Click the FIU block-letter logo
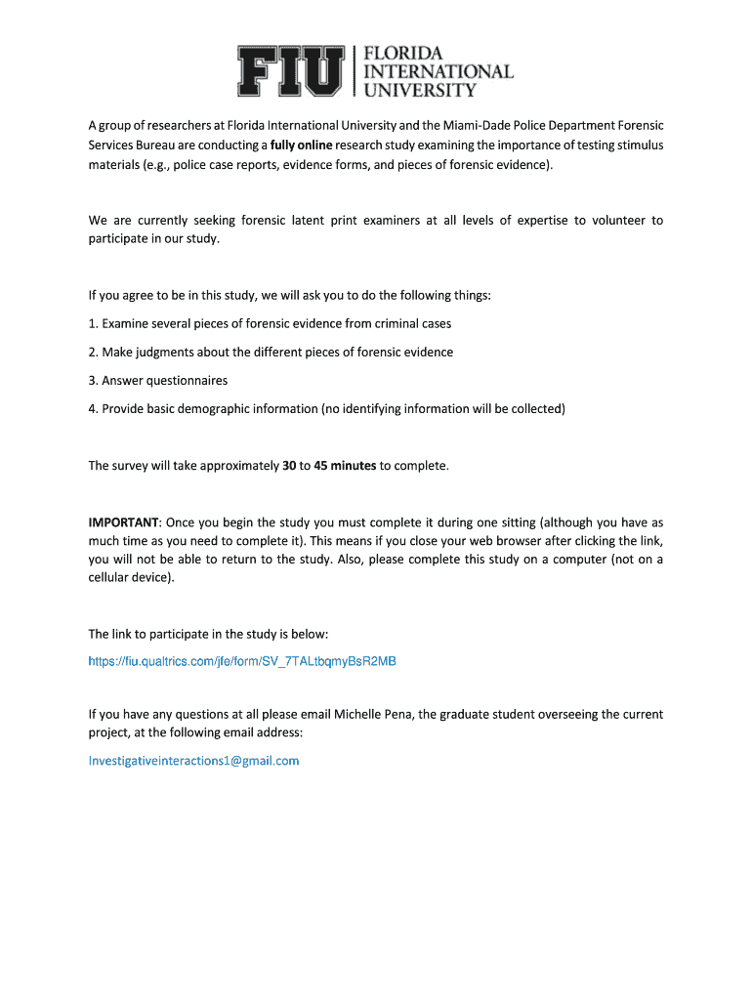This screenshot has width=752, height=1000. coord(292,71)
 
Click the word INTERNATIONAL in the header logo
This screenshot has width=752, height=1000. coord(439,71)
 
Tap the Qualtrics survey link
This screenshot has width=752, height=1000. coord(242,661)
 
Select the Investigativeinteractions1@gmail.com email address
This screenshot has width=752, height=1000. coord(193,760)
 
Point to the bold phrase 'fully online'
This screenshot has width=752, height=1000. coord(302,146)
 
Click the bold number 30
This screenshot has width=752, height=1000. coord(289,466)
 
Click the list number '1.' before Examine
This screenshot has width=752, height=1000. coord(94,323)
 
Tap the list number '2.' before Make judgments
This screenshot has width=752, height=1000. coord(94,352)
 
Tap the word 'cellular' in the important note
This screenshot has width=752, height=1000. coord(111,578)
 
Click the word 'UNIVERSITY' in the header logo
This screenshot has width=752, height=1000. coord(420,90)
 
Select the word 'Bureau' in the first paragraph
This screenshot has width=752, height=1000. coord(157,146)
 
